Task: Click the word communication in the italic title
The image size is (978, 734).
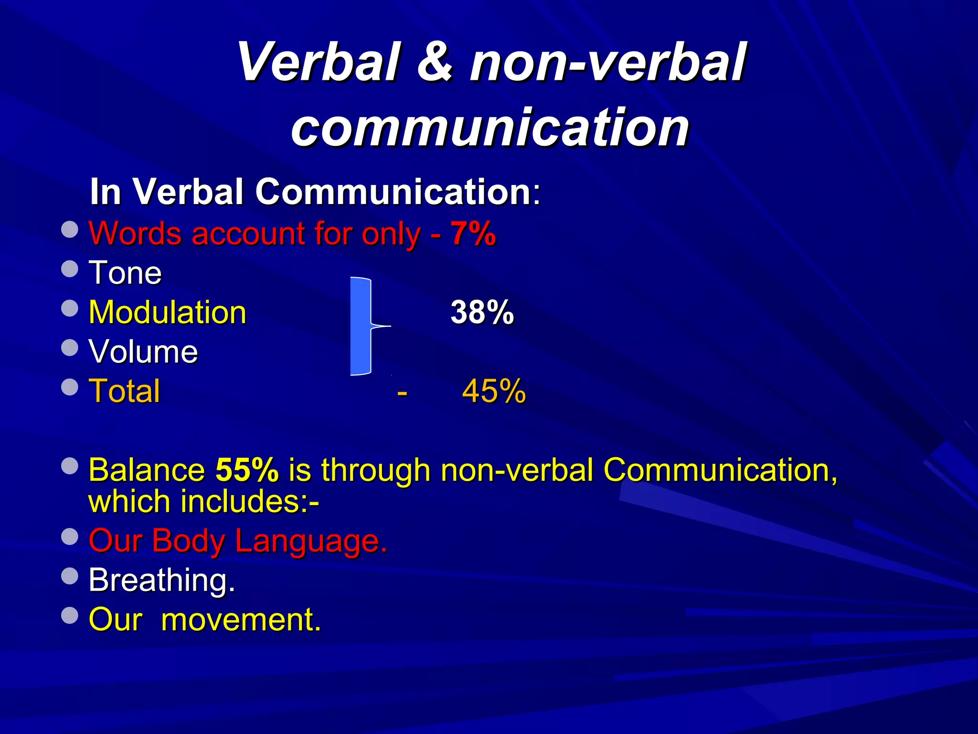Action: click(490, 127)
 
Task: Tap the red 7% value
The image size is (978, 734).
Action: click(473, 234)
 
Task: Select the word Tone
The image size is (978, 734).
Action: click(125, 273)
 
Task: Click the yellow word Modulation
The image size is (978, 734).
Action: click(168, 313)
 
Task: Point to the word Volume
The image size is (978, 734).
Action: click(143, 352)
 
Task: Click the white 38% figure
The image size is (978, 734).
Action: click(482, 313)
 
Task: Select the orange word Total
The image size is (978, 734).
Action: click(125, 391)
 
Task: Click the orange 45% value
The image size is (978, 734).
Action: click(494, 391)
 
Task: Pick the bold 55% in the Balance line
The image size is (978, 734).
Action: click(247, 470)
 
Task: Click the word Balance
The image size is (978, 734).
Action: click(147, 470)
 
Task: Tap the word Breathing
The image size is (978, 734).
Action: click(162, 580)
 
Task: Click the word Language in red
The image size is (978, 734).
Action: click(310, 541)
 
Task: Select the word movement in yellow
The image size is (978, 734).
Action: click(241, 620)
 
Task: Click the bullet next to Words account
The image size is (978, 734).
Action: click(70, 229)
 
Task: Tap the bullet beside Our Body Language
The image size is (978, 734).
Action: click(70, 537)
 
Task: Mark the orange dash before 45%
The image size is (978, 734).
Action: click(402, 393)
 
